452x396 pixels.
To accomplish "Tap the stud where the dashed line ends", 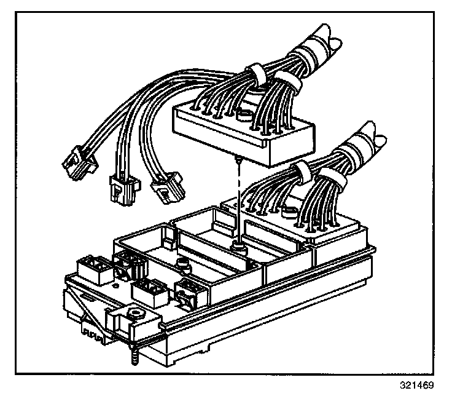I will coord(237,247).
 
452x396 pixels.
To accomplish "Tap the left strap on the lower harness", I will coord(300,171).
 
